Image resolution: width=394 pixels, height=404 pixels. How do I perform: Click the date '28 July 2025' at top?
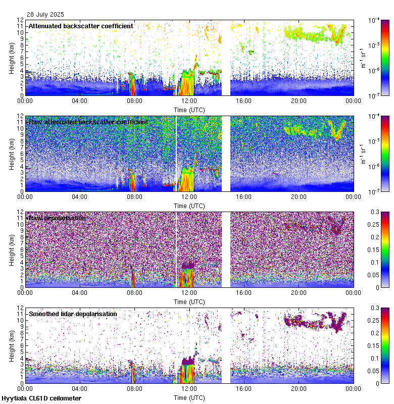pyautogui.click(x=46, y=15)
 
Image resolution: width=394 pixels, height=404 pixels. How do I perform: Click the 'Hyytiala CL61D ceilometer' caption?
pyautogui.click(x=41, y=398)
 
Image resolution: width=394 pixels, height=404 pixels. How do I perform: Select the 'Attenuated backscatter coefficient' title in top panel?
pyautogui.click(x=81, y=26)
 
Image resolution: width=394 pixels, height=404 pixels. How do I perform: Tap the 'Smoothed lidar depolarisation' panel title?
pyautogui.click(x=73, y=314)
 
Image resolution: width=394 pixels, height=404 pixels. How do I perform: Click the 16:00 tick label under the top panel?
pyautogui.click(x=244, y=100)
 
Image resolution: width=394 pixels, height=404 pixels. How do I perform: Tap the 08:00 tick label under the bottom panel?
pyautogui.click(x=134, y=388)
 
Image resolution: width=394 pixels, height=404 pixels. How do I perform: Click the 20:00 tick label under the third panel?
pyautogui.click(x=299, y=292)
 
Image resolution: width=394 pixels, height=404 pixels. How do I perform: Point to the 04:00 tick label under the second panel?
pyautogui.click(x=80, y=196)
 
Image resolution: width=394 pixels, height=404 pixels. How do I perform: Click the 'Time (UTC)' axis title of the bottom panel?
pyautogui.click(x=189, y=398)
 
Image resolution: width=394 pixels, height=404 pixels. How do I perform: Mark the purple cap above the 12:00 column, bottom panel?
pyautogui.click(x=188, y=360)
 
